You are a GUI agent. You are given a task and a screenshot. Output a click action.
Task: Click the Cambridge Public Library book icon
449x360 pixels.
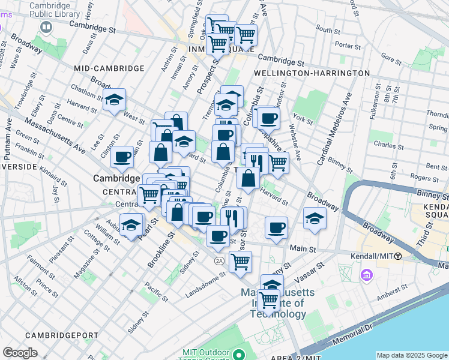(46, 28)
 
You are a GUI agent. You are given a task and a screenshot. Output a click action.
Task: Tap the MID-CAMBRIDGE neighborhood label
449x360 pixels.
(109, 69)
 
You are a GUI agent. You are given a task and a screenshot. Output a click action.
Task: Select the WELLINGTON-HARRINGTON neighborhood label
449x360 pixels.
(312, 73)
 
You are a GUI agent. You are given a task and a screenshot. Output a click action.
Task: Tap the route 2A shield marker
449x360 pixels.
(220, 260)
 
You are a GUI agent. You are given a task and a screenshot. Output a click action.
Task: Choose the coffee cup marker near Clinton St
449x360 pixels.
(122, 157)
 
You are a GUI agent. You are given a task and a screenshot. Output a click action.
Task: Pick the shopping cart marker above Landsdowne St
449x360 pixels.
(240, 262)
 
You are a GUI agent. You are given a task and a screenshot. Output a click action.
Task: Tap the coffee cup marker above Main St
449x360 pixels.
(276, 228)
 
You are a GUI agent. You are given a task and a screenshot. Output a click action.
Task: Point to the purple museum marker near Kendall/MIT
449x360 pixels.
(366, 275)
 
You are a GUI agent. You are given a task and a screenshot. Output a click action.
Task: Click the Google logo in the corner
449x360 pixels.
(20, 353)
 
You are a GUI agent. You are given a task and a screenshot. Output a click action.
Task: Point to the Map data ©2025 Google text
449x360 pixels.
(411, 355)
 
